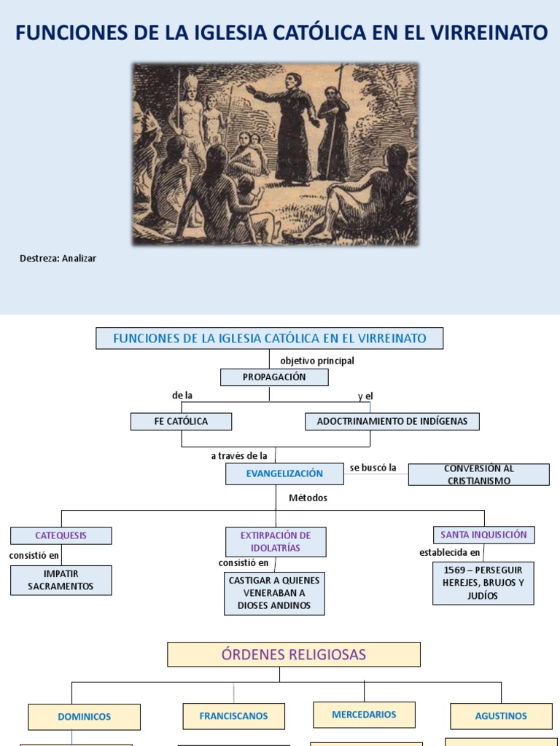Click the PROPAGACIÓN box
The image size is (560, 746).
pos(274,377)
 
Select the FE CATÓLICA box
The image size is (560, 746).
pos(181,421)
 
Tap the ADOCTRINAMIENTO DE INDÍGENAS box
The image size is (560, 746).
pos(392,421)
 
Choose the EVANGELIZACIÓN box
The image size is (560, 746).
pos(284,474)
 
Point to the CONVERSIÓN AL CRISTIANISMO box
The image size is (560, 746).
pos(478,474)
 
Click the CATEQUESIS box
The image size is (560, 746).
pos(61,535)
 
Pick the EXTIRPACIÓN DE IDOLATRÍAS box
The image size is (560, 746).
pos(276,542)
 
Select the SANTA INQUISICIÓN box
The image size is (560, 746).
pos(483,535)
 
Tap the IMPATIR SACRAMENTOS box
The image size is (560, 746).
pos(61,580)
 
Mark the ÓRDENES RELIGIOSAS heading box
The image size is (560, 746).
pos(294,654)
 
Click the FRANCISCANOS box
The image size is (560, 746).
pos(233,716)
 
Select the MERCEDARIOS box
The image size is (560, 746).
pos(364,715)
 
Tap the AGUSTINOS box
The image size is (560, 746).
pos(501,716)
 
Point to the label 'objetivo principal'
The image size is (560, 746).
pos(316,361)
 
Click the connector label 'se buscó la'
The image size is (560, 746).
pos(373,468)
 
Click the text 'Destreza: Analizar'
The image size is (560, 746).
pos(58,259)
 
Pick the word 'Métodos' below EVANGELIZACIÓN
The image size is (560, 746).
pos(308,498)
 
